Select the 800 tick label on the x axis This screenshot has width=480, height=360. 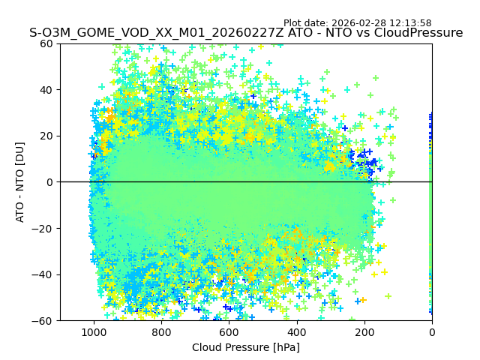pyautogui.click(x=161, y=331)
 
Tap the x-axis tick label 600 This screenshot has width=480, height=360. pyautogui.click(x=229, y=331)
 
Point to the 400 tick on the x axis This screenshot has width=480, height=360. pyautogui.click(x=297, y=331)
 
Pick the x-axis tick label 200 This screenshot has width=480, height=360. pyautogui.click(x=364, y=331)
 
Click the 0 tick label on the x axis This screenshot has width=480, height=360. pyautogui.click(x=432, y=331)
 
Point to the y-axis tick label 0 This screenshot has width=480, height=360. pyautogui.click(x=49, y=182)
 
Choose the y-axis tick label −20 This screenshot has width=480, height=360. pyautogui.click(x=44, y=228)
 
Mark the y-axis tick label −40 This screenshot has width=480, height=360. pyautogui.click(x=44, y=274)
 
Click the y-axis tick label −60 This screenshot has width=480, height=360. pyautogui.click(x=44, y=320)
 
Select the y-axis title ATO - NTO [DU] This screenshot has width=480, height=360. pyautogui.click(x=21, y=182)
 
